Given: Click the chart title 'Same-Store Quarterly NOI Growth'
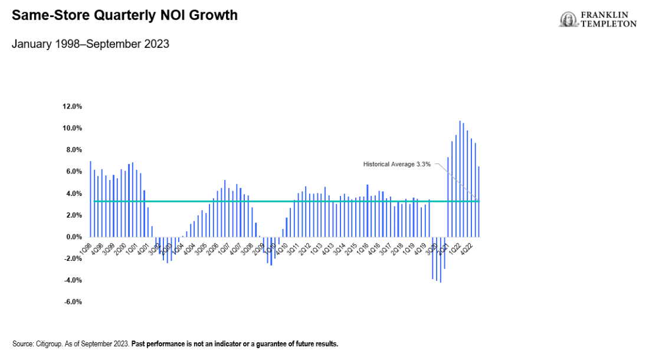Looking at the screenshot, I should click(x=124, y=15).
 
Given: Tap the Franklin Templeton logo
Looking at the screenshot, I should click(x=598, y=19).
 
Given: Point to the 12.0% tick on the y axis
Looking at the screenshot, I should click(x=71, y=106).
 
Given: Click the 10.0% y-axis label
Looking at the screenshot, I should click(x=71, y=128).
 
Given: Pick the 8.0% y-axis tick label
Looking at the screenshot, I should click(x=73, y=150).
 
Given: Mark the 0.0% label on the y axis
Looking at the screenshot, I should click(x=73, y=237).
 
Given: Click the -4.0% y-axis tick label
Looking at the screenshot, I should click(x=72, y=280).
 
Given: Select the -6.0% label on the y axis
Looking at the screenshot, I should click(x=72, y=302).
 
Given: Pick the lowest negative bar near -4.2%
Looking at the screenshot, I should click(x=440, y=260).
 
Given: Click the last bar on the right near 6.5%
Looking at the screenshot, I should click(x=478, y=201).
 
